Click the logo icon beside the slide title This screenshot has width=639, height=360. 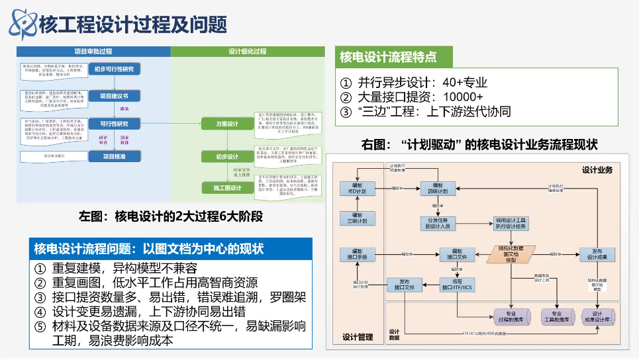(22, 24)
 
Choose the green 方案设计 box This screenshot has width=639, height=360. (227, 124)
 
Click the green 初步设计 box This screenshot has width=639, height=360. (227, 157)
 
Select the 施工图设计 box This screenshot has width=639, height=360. (227, 188)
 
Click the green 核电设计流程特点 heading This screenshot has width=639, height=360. (388, 56)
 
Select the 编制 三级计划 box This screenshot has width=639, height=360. (357, 218)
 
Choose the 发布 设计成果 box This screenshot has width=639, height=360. (597, 254)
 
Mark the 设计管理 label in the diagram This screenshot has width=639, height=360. (359, 336)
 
